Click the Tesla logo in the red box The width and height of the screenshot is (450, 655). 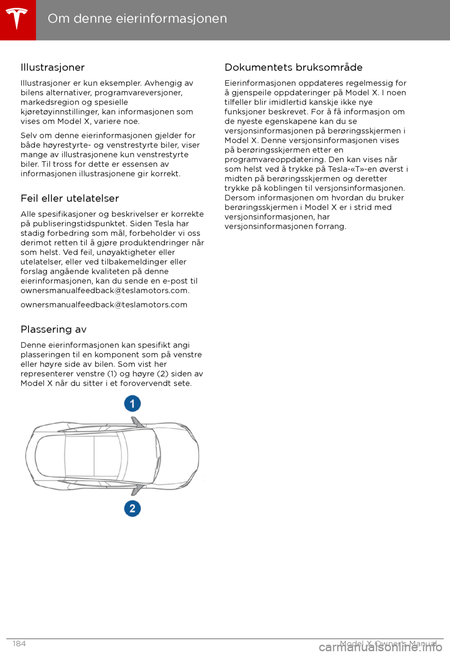[17, 19]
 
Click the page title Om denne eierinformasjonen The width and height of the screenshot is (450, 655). [137, 18]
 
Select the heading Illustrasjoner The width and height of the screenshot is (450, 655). [52, 68]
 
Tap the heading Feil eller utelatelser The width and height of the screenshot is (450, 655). [70, 198]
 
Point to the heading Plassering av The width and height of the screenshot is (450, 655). [53, 329]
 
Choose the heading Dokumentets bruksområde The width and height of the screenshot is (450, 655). [293, 68]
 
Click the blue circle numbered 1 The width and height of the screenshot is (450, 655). [133, 404]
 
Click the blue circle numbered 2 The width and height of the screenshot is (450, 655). [133, 508]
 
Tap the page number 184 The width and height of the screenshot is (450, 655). [19, 644]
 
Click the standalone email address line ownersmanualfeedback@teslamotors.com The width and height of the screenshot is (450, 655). [104, 305]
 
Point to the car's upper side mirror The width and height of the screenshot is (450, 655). [137, 422]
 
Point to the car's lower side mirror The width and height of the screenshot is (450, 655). [136, 490]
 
